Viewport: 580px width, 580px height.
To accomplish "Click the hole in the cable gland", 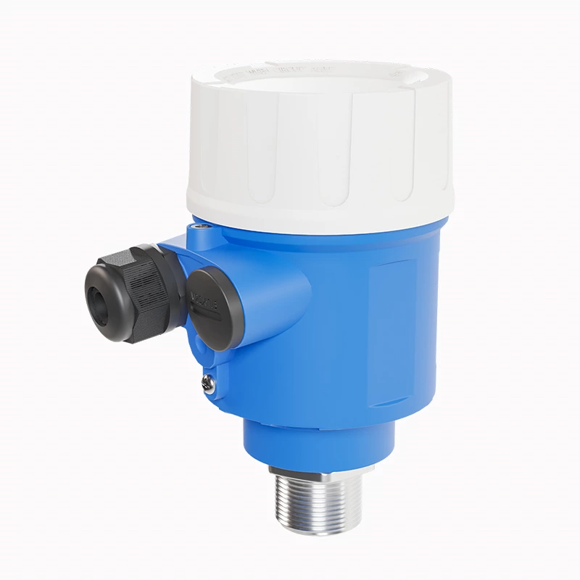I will (98, 297).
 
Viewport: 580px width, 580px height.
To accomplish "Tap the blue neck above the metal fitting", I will (319, 442).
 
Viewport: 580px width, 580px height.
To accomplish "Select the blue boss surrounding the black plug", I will (239, 319).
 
